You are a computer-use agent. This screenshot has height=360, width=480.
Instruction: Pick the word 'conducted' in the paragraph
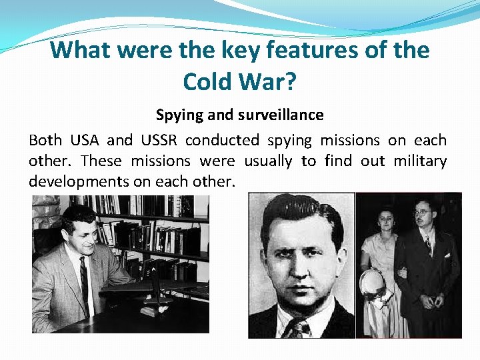pos(223,140)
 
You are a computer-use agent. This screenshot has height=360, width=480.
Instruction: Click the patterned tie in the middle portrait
pos(298,328)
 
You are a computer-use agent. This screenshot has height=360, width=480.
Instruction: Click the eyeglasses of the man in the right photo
pos(422,212)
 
